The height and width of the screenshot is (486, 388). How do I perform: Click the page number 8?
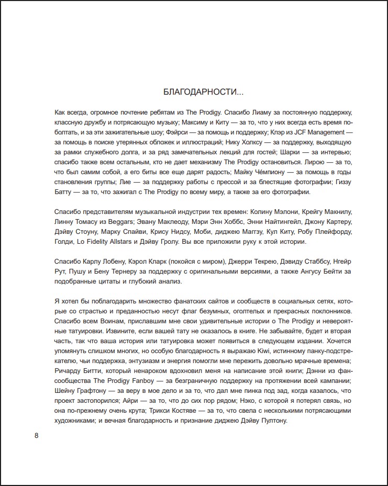(x=37, y=435)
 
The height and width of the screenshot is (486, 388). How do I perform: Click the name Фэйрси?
(x=182, y=132)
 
